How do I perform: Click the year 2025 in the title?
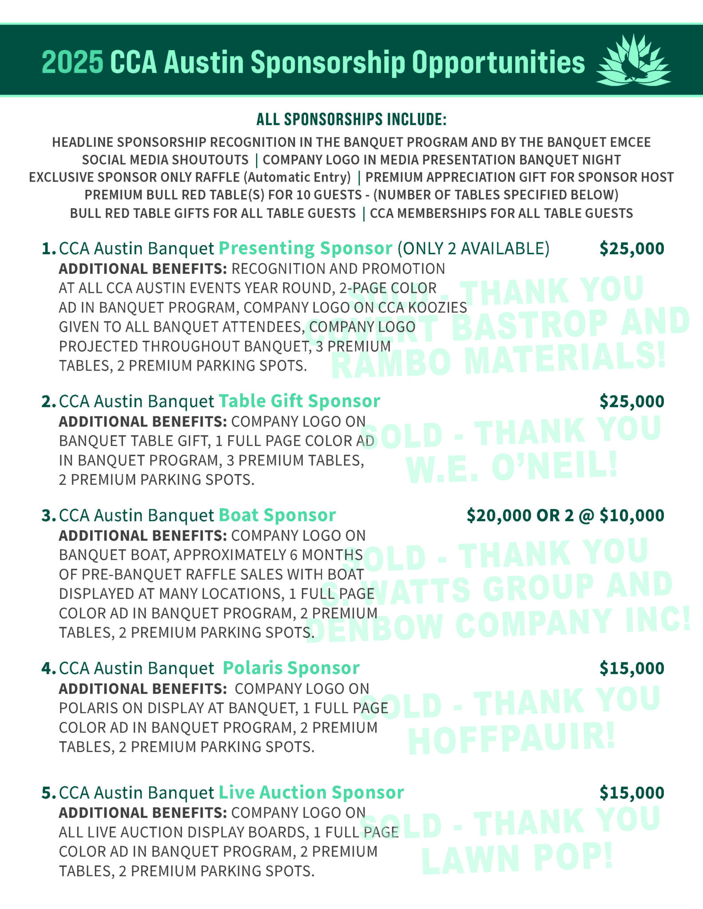coord(72,63)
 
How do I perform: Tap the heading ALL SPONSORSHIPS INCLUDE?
coord(351,119)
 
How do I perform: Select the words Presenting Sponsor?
coord(306,248)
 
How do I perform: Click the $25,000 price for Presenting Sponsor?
coord(632,249)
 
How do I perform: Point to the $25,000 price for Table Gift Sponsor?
coord(632,401)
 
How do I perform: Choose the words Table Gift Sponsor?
coord(299,401)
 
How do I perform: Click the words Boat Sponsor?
coord(277,515)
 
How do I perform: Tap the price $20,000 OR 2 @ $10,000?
coord(565,515)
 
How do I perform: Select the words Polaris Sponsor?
coord(291,668)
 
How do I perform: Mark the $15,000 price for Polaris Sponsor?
coord(632,668)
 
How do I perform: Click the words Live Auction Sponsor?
coord(311,792)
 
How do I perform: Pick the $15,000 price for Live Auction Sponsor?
coord(632,793)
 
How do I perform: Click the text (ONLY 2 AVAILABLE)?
coord(473,249)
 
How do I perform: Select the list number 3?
coord(47,516)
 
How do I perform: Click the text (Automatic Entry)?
coord(297,177)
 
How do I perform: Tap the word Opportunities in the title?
coord(498,63)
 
